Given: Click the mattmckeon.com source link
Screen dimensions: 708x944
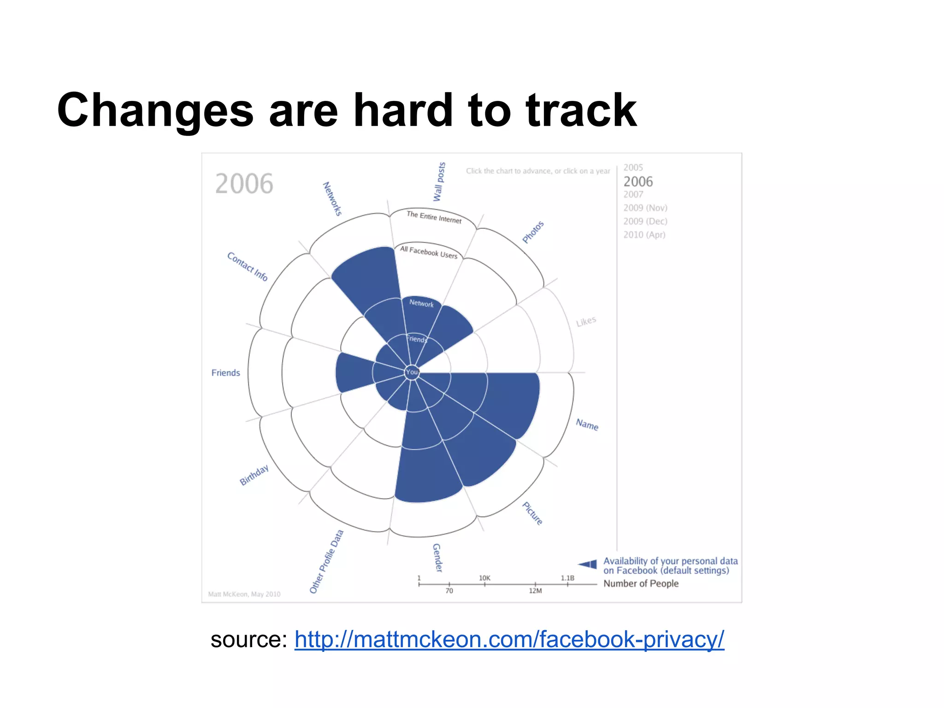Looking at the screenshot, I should [x=509, y=640].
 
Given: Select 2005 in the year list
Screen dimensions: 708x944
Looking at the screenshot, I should [x=633, y=168].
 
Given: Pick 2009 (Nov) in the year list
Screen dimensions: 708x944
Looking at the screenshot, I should [x=645, y=208].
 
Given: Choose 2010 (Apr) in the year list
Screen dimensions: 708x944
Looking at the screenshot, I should [x=644, y=235].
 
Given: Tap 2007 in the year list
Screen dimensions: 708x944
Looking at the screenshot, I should [x=633, y=195].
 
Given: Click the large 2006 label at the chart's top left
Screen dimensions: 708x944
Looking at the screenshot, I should [x=244, y=184].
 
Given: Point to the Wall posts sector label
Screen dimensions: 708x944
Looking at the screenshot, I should [x=439, y=182].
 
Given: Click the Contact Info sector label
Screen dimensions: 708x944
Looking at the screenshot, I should [x=247, y=266].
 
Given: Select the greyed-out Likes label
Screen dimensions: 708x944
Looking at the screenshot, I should [x=586, y=321].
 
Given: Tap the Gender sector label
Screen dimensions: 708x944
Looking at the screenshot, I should [x=437, y=558].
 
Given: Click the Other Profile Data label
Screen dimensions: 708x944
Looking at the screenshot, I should [x=326, y=561].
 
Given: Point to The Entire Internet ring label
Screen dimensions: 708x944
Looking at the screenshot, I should [x=434, y=217].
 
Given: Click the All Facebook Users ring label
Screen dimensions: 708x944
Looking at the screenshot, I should [x=428, y=252].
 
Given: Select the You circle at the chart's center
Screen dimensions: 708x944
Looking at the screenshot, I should [x=412, y=372].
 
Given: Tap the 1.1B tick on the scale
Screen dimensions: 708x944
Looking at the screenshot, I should [x=567, y=578].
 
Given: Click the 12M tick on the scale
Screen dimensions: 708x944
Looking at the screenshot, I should [x=535, y=590].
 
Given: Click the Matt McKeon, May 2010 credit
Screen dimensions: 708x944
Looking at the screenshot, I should [x=244, y=594].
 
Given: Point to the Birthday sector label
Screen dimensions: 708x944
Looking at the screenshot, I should [x=254, y=475].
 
